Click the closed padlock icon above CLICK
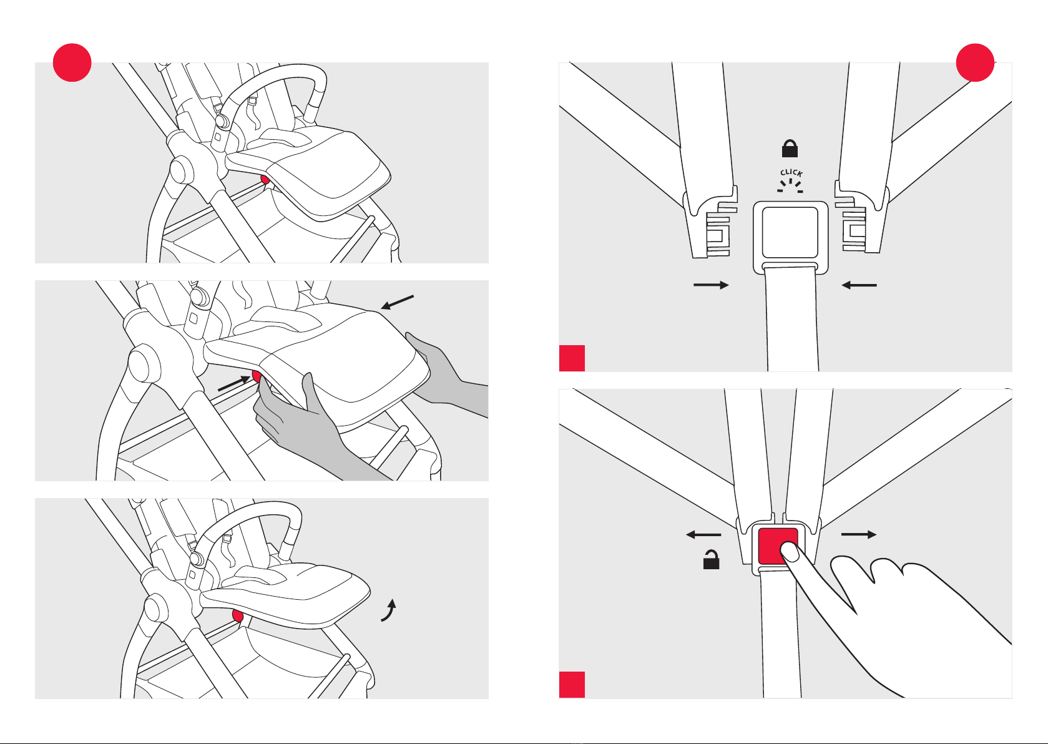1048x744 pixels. pyautogui.click(x=790, y=149)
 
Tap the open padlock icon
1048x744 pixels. pyautogui.click(x=711, y=560)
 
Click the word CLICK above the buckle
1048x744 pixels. pyautogui.click(x=791, y=173)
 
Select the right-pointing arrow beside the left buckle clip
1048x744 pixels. pyautogui.click(x=711, y=285)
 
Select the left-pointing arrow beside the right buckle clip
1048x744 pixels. pyautogui.click(x=859, y=285)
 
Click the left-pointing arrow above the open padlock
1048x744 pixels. pyautogui.click(x=703, y=535)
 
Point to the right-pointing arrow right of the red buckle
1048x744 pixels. pyautogui.click(x=859, y=535)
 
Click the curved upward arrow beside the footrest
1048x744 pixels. pyautogui.click(x=389, y=610)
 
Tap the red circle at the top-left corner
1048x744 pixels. pyautogui.click(x=72, y=62)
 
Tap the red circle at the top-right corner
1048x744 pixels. pyautogui.click(x=975, y=62)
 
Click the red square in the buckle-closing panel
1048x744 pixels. pyautogui.click(x=572, y=358)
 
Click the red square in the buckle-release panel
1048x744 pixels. pyautogui.click(x=572, y=685)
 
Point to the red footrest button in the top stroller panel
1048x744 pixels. pyautogui.click(x=265, y=180)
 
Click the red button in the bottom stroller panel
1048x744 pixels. pyautogui.click(x=237, y=617)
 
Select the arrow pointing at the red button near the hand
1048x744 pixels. pyautogui.click(x=233, y=385)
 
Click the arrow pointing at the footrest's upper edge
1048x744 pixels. pyautogui.click(x=397, y=303)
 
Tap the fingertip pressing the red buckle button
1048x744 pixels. pyautogui.click(x=790, y=551)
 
